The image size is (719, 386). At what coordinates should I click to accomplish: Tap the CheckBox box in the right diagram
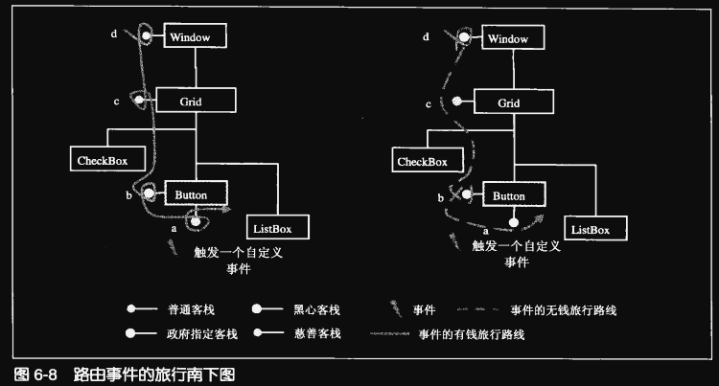pyautogui.click(x=423, y=161)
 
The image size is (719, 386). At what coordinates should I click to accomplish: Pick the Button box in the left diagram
pyautogui.click(x=197, y=194)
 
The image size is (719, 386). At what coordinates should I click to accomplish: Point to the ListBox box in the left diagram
pyautogui.click(x=278, y=227)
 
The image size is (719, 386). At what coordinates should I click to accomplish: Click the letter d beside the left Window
pyautogui.click(x=113, y=35)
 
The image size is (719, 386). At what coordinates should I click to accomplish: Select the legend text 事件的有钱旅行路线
pyautogui.click(x=470, y=334)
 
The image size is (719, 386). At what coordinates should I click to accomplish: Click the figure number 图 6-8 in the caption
pyautogui.click(x=31, y=374)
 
